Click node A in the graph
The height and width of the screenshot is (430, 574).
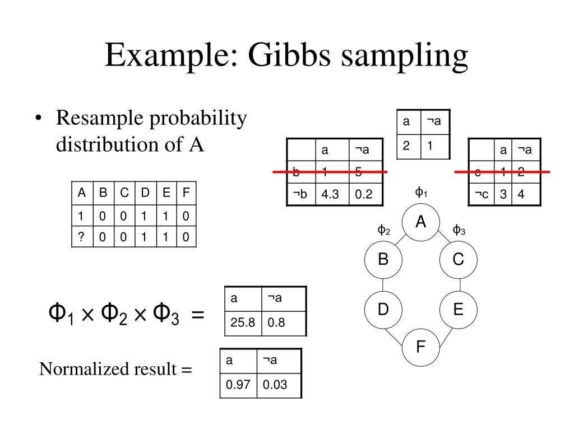pyautogui.click(x=421, y=222)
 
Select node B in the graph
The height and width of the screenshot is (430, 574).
pyautogui.click(x=383, y=259)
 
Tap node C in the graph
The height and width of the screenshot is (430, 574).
pyautogui.click(x=458, y=259)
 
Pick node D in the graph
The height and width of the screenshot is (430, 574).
pyautogui.click(x=383, y=309)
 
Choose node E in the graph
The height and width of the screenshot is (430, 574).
pyautogui.click(x=458, y=309)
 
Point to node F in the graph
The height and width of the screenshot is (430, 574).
pyautogui.click(x=421, y=347)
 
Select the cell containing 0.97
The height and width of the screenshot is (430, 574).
pyautogui.click(x=238, y=385)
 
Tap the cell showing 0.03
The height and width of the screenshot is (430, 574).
pyautogui.click(x=274, y=385)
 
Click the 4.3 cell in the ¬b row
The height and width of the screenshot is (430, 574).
pyautogui.click(x=331, y=194)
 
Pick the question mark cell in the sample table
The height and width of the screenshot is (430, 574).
pyautogui.click(x=82, y=237)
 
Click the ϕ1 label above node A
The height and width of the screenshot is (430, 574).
pyautogui.click(x=421, y=193)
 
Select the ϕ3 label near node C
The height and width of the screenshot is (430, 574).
pyautogui.click(x=459, y=230)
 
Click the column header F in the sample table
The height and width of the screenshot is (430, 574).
pyautogui.click(x=186, y=194)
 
